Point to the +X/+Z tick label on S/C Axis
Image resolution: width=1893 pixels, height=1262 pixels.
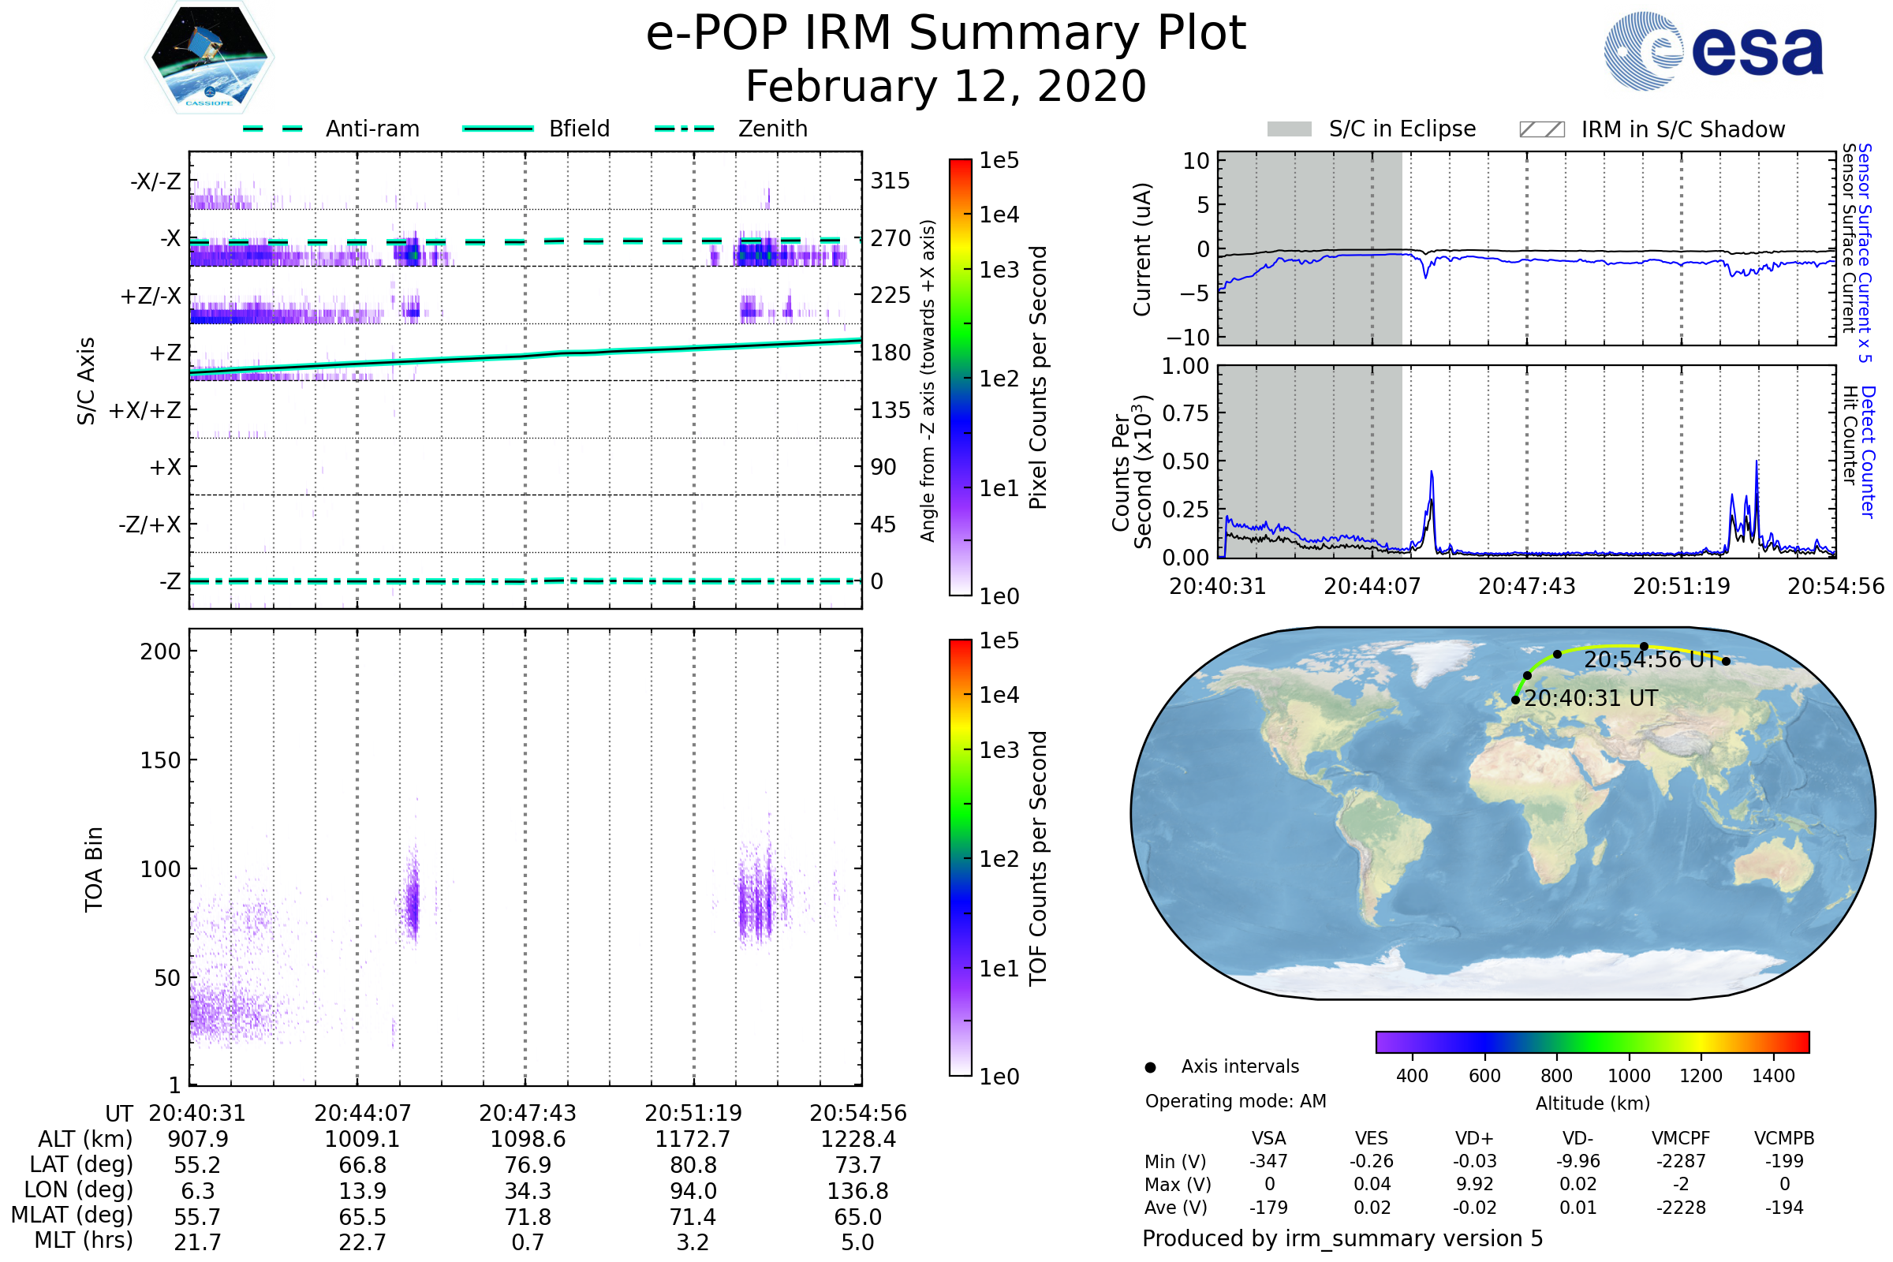(145, 410)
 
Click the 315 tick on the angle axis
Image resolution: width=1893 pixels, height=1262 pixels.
(890, 181)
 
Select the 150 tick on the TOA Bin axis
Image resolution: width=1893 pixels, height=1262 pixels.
(160, 760)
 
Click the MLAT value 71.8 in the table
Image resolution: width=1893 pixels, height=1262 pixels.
(528, 1217)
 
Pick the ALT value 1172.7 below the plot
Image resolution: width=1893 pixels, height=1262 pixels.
(693, 1140)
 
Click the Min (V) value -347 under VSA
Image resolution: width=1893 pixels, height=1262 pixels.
(1268, 1161)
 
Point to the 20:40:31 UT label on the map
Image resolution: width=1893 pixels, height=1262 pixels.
(1590, 699)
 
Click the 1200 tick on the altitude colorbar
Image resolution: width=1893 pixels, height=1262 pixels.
(1701, 1076)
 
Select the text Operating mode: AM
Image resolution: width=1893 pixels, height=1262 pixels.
(1235, 1101)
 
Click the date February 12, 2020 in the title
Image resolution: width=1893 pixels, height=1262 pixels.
(946, 87)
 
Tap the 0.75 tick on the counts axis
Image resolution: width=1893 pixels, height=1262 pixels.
(1185, 413)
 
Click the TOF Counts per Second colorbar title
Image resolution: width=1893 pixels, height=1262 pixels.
(1038, 858)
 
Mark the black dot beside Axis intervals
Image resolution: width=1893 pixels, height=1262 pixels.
(1150, 1067)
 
